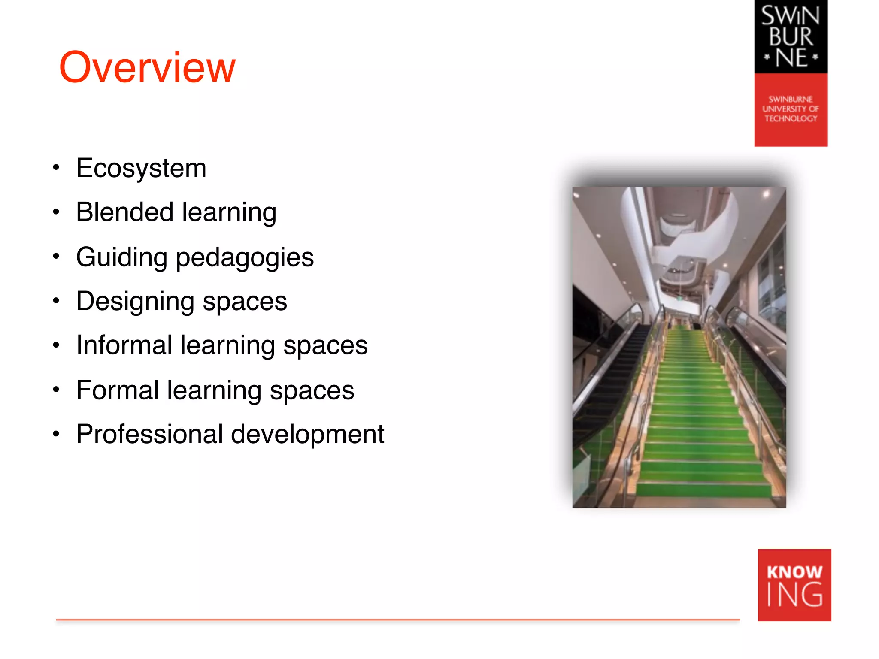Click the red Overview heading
pyautogui.click(x=147, y=67)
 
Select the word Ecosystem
pyautogui.click(x=141, y=168)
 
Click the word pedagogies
pyautogui.click(x=245, y=258)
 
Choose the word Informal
pyautogui.click(x=124, y=345)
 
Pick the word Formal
pyautogui.click(x=118, y=390)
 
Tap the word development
pyautogui.click(x=307, y=435)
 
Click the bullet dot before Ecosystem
pyautogui.click(x=56, y=167)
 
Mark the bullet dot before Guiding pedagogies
pyautogui.click(x=56, y=257)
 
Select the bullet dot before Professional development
pyautogui.click(x=56, y=434)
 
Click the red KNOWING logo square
pyautogui.click(x=794, y=585)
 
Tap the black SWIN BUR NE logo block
pyautogui.click(x=791, y=37)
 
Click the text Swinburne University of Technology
pyautogui.click(x=791, y=109)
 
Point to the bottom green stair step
pyautogui.click(x=704, y=489)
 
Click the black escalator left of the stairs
pyautogui.click(x=609, y=386)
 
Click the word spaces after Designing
pyautogui.click(x=245, y=302)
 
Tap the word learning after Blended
pyautogui.click(x=229, y=213)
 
